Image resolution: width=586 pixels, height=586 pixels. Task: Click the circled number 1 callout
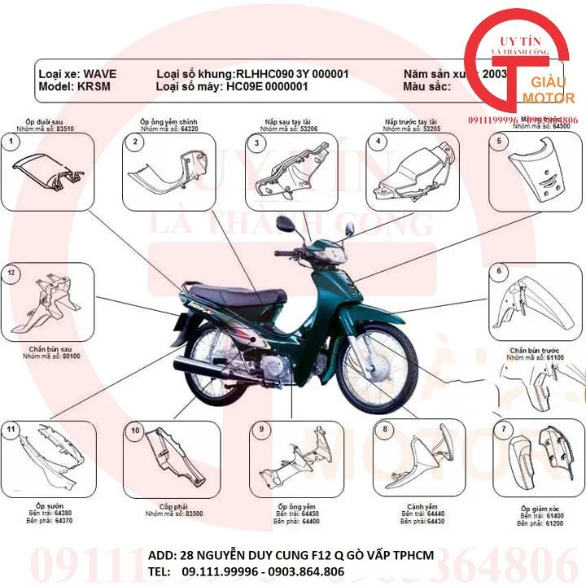tap(11, 142)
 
